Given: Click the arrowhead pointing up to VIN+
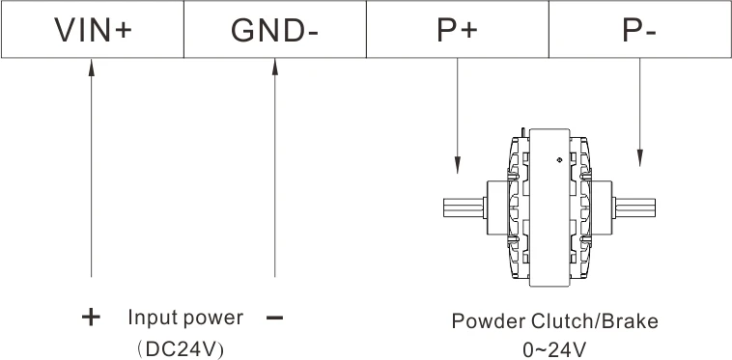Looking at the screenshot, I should click(x=92, y=69).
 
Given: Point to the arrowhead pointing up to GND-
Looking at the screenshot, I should click(x=274, y=69).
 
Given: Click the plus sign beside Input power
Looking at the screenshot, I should click(x=91, y=318).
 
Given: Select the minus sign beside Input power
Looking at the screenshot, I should click(x=273, y=318).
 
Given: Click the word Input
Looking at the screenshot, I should click(x=150, y=318).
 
